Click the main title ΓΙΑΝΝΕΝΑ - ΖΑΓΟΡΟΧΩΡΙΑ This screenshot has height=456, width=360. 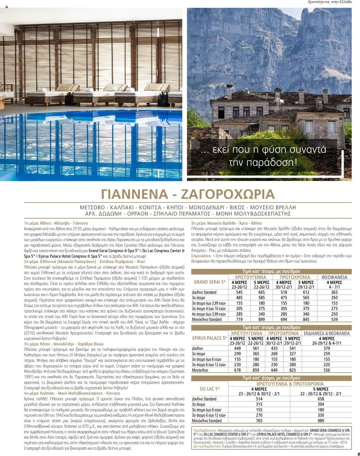click(x=188, y=194)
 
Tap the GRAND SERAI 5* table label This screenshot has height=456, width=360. click(x=210, y=282)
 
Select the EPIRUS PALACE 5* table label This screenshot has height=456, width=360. click(x=210, y=338)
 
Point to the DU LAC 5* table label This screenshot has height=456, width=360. click(x=210, y=389)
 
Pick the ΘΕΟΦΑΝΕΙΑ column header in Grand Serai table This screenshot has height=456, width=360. click(x=334, y=277)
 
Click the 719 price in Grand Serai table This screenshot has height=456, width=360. click(x=239, y=319)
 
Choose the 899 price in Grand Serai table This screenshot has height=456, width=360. click(x=261, y=319)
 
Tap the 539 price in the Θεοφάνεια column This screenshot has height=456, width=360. click(x=334, y=319)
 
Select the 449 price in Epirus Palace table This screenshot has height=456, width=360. click(x=237, y=348)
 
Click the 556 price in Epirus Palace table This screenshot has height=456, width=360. click(x=327, y=370)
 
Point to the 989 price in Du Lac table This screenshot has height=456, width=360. click(x=321, y=421)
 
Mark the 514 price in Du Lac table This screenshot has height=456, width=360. click(x=259, y=399)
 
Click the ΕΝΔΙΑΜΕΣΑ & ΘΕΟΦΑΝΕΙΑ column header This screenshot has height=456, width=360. click(x=327, y=333)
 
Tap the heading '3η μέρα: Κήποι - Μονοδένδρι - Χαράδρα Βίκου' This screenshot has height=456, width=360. click(x=64, y=344)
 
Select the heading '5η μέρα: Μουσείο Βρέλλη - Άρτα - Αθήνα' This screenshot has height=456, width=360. click(x=226, y=223)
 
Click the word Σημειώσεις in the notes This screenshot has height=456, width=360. click(x=201, y=256)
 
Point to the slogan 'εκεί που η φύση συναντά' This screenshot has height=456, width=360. click(x=264, y=149)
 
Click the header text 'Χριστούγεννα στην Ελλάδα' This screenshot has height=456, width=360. click(x=330, y=2)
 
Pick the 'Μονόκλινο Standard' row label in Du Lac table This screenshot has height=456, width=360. click(x=207, y=421)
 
